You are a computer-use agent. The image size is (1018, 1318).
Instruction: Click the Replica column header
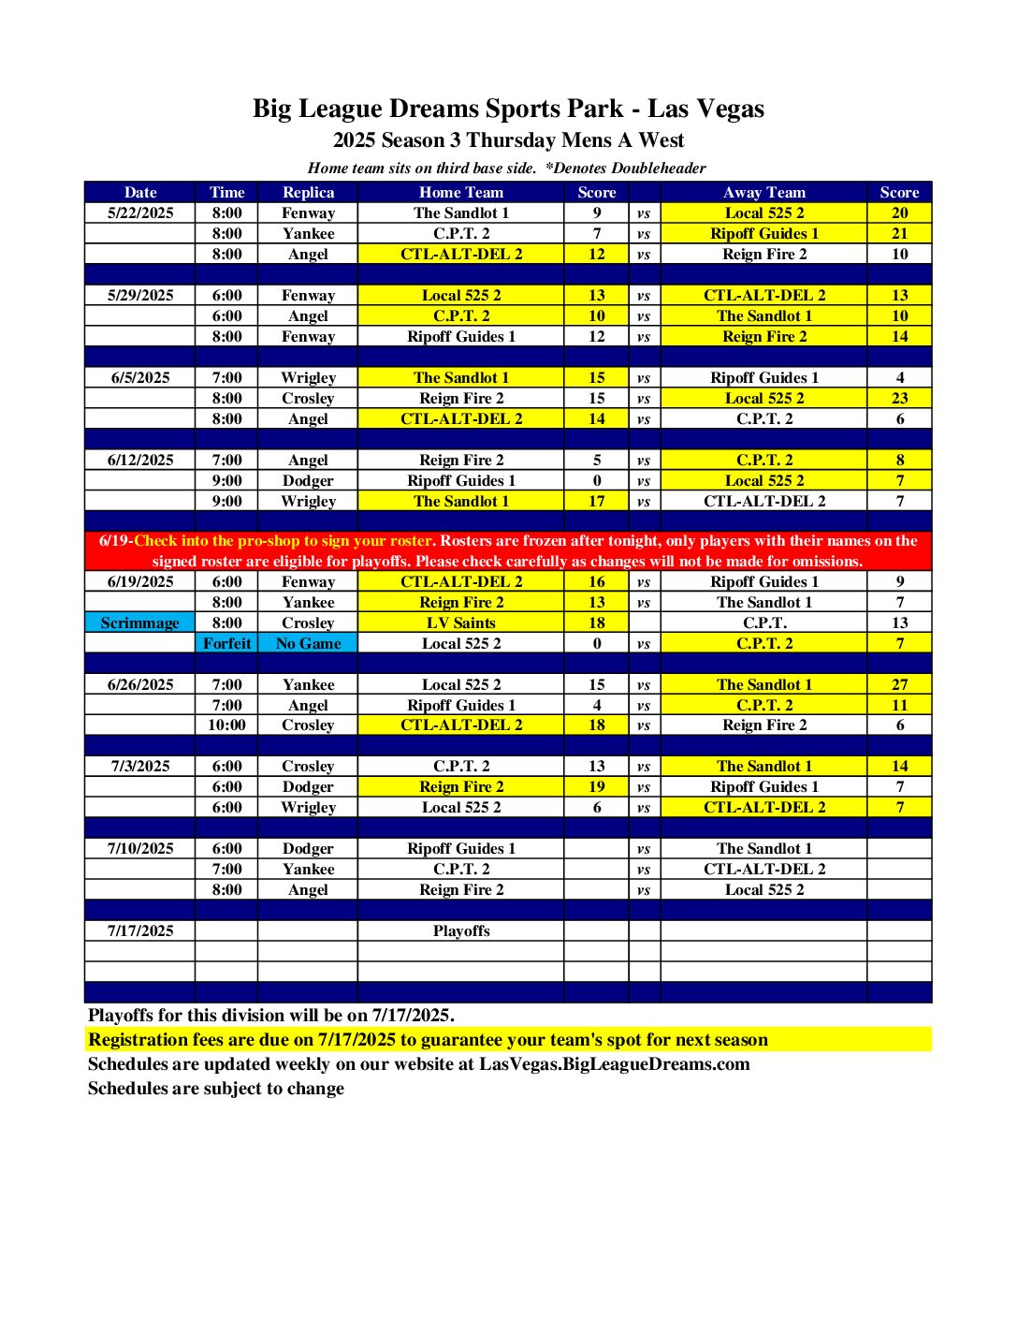tap(308, 192)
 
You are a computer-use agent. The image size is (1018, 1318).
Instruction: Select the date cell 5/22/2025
tap(140, 212)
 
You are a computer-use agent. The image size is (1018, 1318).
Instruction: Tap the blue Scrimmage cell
tap(140, 622)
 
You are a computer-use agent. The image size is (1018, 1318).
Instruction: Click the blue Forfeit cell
tap(226, 643)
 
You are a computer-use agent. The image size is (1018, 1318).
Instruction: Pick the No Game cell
tap(308, 643)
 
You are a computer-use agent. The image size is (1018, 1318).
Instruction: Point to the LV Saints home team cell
tap(461, 622)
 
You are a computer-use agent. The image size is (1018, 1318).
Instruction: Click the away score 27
tap(899, 684)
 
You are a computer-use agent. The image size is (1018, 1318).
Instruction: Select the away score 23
tap(899, 398)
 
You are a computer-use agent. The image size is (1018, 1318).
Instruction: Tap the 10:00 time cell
tap(226, 725)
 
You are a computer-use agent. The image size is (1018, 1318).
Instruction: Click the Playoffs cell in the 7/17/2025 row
tap(461, 930)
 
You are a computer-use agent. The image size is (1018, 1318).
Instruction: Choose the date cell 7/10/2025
tap(140, 848)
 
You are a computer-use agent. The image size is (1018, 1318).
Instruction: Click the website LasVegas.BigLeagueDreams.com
tap(614, 1063)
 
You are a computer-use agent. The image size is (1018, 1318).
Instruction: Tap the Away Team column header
tap(763, 192)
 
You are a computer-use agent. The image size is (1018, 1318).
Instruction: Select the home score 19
tap(597, 786)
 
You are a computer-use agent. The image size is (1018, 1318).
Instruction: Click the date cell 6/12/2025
tap(140, 460)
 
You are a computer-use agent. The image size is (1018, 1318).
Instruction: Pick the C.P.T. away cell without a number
tap(763, 622)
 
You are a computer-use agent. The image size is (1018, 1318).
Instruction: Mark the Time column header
tap(226, 192)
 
